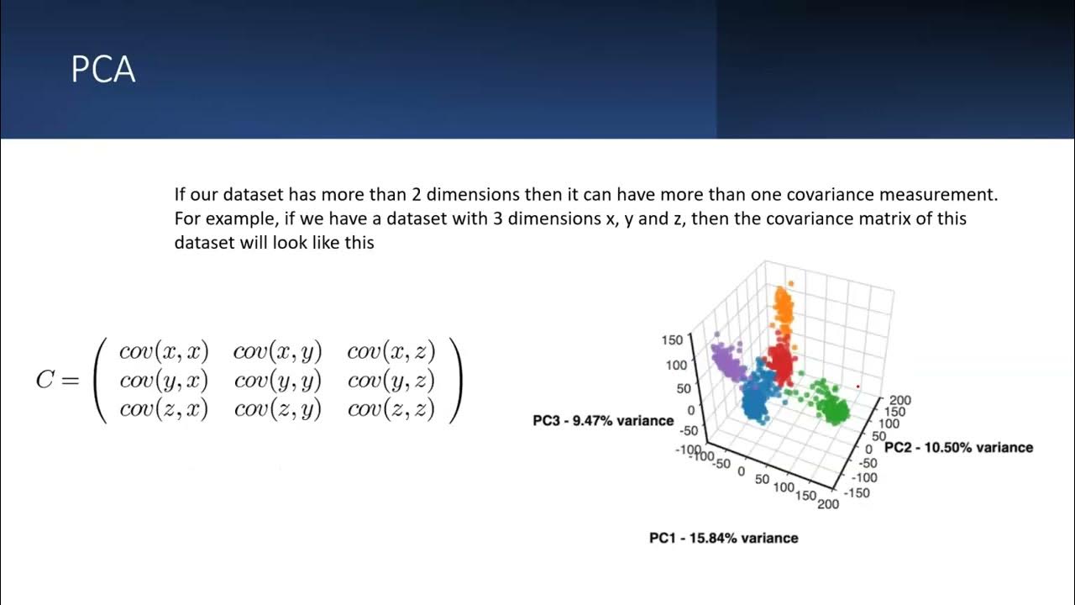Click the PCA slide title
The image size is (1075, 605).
tap(102, 70)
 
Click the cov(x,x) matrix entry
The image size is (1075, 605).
tap(164, 351)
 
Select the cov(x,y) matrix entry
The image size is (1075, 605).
tap(277, 351)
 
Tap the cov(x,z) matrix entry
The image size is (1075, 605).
tap(391, 351)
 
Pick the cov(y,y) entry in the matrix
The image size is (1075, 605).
tap(277, 381)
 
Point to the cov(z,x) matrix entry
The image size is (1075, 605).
tap(164, 409)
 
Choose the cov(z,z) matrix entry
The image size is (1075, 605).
tap(391, 409)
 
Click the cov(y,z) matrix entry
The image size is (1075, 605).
tap(391, 381)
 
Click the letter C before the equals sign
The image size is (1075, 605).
tap(45, 380)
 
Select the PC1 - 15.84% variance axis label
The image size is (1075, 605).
tap(723, 538)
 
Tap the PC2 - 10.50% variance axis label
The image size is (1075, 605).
tap(958, 448)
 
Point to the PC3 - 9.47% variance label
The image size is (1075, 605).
tap(603, 420)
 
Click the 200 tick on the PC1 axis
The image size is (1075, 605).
tap(827, 504)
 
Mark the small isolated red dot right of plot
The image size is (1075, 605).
tap(857, 387)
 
